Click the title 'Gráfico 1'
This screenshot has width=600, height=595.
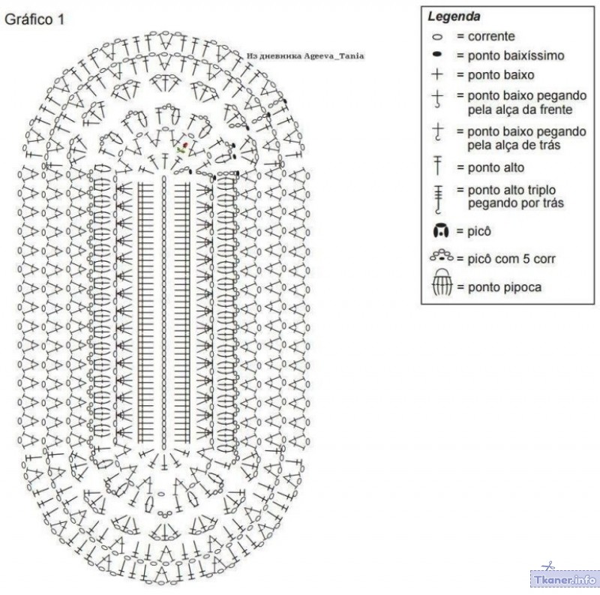(x=34, y=20)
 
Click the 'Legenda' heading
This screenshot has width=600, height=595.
(x=454, y=17)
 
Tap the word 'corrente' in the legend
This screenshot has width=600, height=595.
(x=491, y=36)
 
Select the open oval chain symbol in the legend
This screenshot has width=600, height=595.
(x=437, y=37)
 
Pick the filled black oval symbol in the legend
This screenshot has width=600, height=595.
(x=437, y=55)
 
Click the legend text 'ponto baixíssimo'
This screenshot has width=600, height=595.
(x=516, y=56)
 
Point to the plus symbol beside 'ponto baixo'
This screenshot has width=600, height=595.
(x=437, y=74)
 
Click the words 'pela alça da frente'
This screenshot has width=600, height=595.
(x=520, y=110)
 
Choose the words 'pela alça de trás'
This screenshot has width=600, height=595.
(x=514, y=145)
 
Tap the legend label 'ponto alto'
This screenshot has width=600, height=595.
(x=496, y=168)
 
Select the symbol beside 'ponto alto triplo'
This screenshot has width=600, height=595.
(x=439, y=199)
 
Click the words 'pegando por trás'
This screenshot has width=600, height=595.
(x=516, y=203)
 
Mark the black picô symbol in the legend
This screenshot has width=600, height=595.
(x=440, y=231)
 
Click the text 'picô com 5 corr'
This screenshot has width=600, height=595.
(x=511, y=259)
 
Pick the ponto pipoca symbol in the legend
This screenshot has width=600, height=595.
(x=442, y=283)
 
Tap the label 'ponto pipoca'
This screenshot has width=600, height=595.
(x=504, y=287)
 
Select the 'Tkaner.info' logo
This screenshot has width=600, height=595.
(x=565, y=579)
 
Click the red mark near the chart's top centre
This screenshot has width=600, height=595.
(x=185, y=145)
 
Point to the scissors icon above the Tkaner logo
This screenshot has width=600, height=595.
(x=550, y=565)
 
